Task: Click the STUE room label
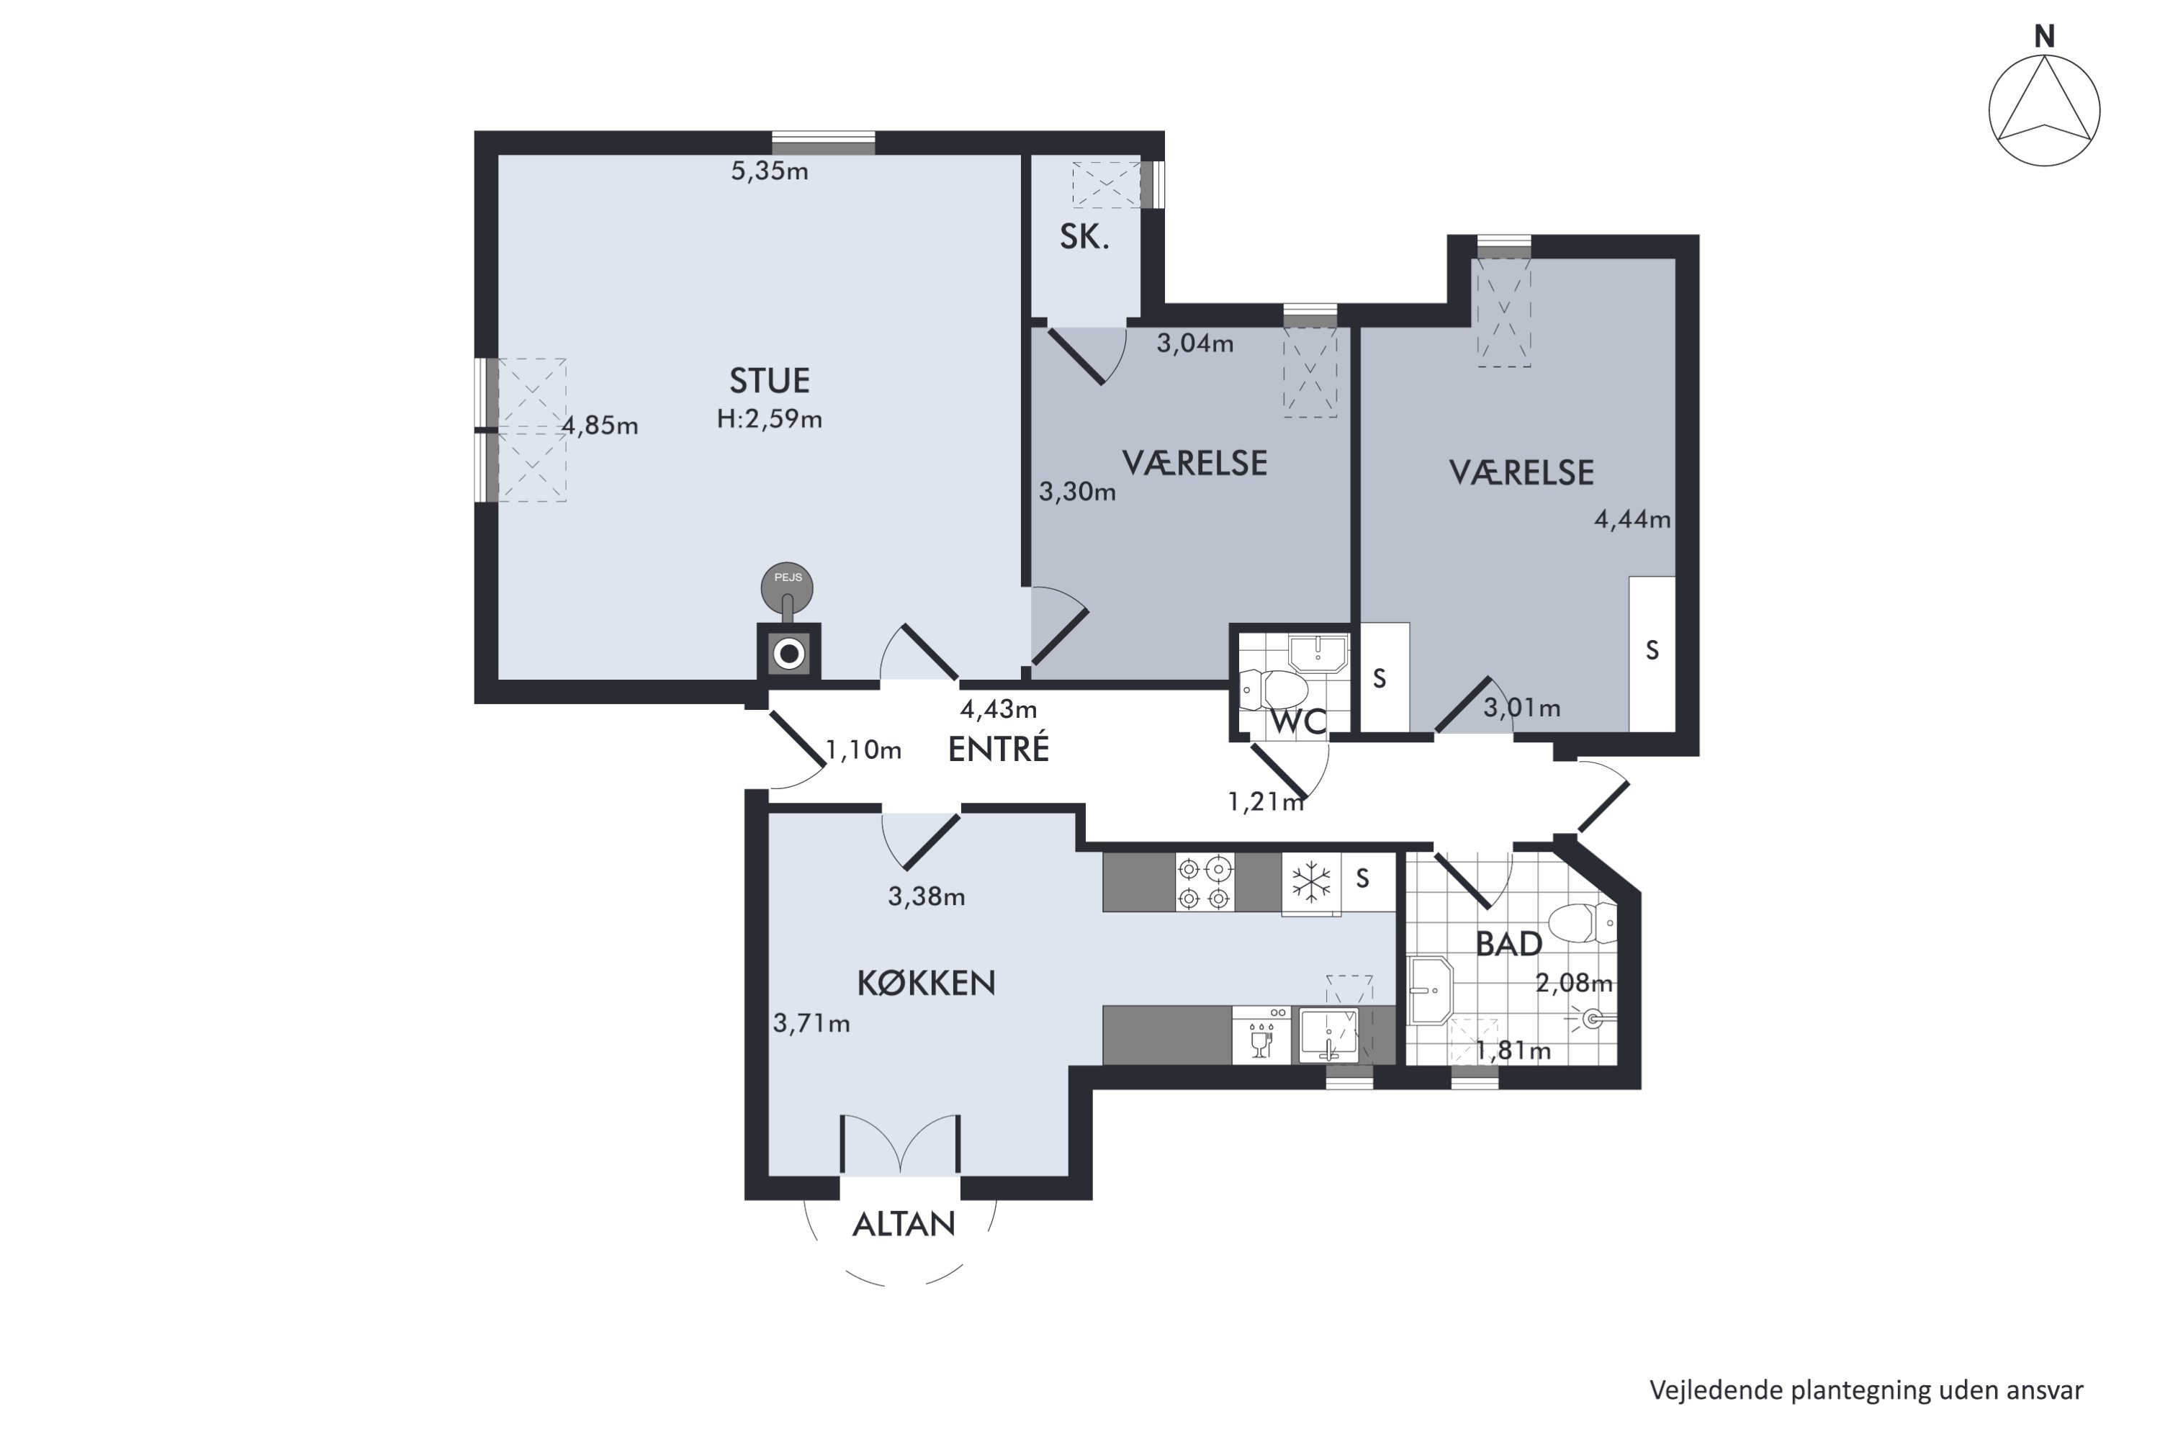pos(770,380)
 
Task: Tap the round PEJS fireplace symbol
pos(787,588)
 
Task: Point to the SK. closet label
pos(1084,237)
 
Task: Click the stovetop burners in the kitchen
pos(1205,883)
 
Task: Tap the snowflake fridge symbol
pos(1311,883)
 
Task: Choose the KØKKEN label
pos(926,984)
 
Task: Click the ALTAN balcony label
pos(904,1224)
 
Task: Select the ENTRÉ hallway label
pos(998,749)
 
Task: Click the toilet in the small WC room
pos(1273,690)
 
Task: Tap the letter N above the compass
pos(2044,36)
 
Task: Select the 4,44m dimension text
pos(1632,520)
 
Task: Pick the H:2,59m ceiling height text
pos(770,420)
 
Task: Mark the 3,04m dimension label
pos(1194,343)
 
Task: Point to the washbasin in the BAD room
pos(1430,990)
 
